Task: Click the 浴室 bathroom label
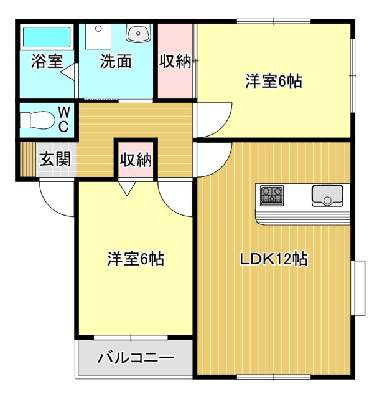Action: pos(47,62)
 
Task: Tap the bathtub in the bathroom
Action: pos(47,37)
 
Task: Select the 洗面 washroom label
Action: pos(116,62)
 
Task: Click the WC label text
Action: pos(64,118)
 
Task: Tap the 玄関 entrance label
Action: pos(56,159)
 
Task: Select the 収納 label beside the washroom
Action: pos(175,62)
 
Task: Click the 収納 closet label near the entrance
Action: pos(136,160)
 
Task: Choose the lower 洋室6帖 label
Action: pos(136,259)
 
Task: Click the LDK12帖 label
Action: pos(273,259)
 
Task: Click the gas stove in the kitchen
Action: pos(273,195)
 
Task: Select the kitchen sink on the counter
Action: pos(327,196)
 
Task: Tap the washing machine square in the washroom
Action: pos(97,38)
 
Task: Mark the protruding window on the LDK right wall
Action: pos(358,289)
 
